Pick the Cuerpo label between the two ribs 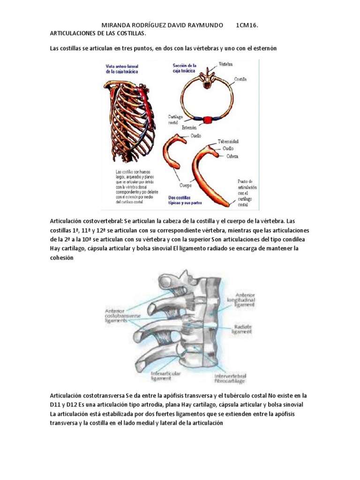point(187,185)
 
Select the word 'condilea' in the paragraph point(296,240)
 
